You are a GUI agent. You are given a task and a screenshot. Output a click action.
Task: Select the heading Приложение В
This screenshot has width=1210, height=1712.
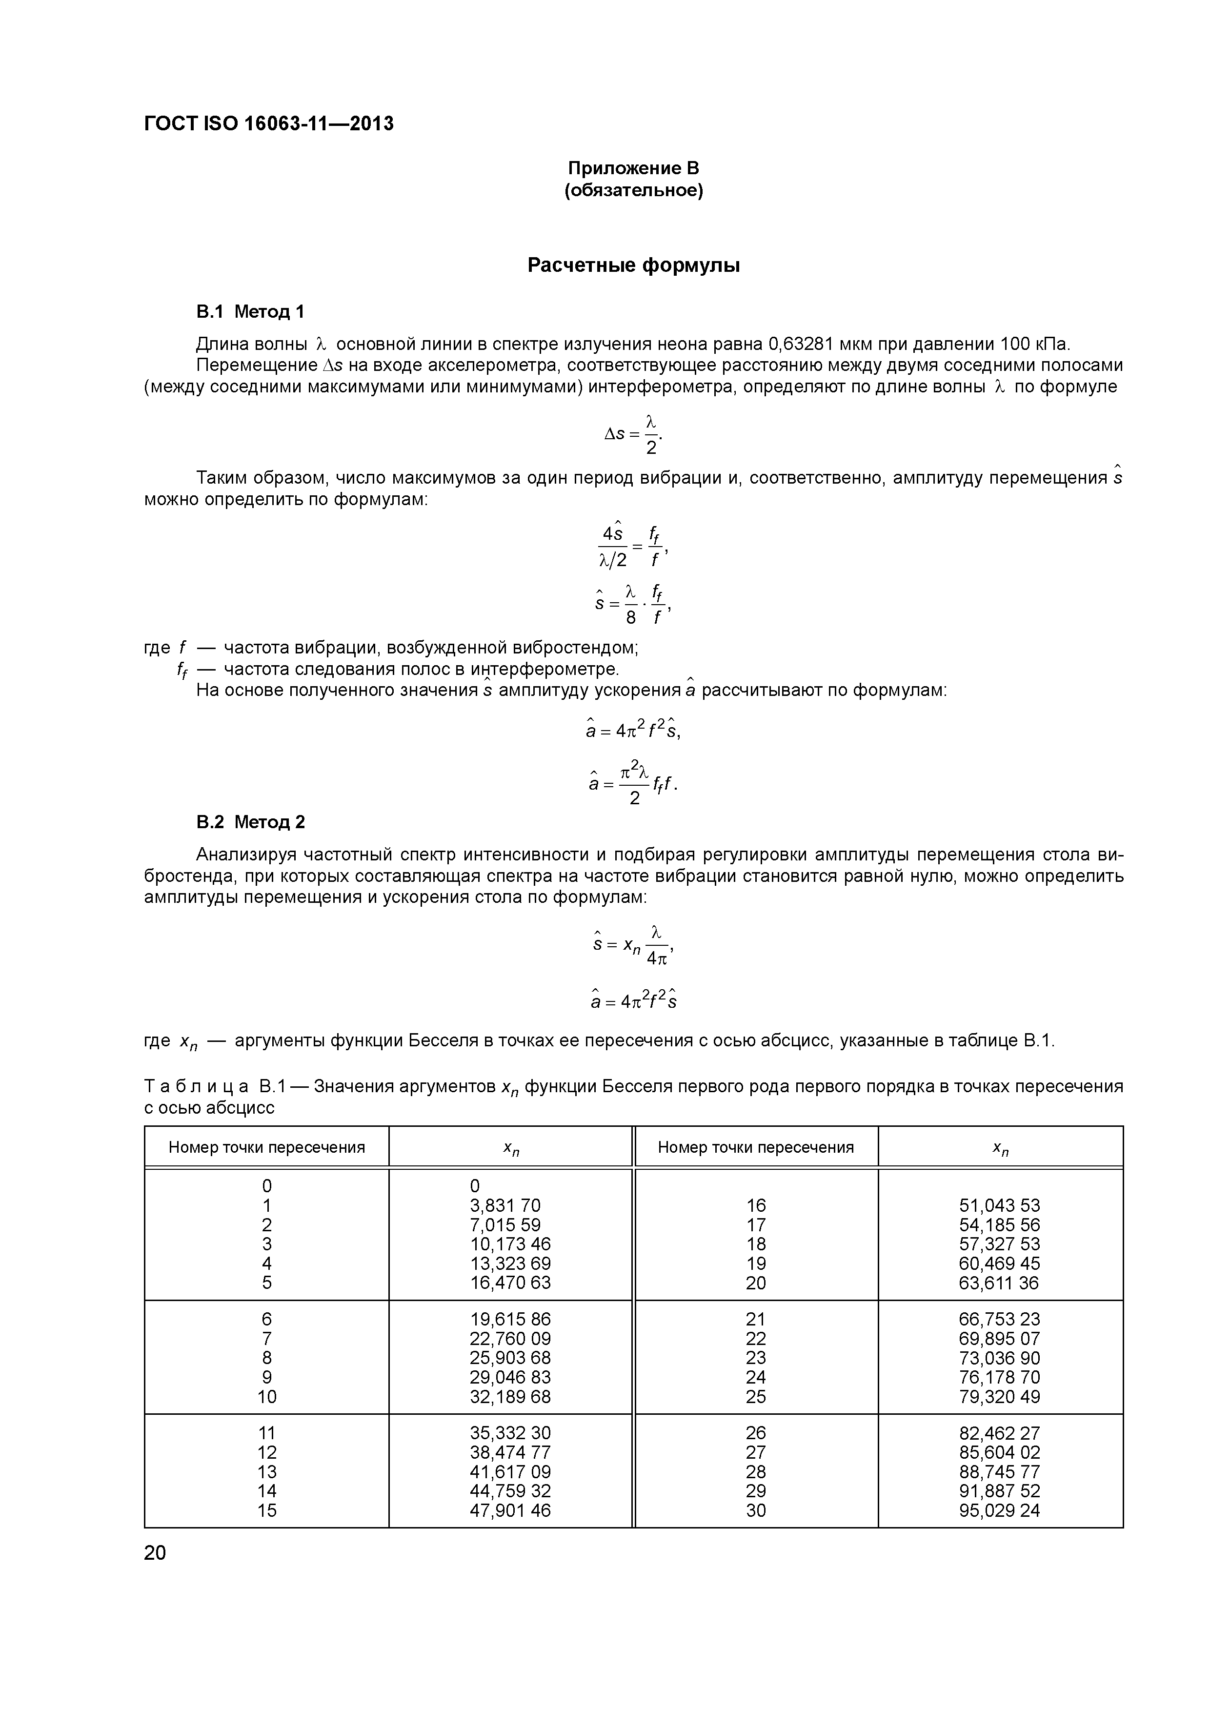pyautogui.click(x=633, y=168)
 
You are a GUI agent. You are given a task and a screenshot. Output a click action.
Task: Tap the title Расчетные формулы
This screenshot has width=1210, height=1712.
pyautogui.click(x=633, y=265)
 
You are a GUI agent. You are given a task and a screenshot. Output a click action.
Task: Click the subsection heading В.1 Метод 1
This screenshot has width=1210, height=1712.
pyautogui.click(x=250, y=312)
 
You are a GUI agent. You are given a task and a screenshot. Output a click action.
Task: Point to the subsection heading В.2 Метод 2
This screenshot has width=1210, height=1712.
pyautogui.click(x=250, y=822)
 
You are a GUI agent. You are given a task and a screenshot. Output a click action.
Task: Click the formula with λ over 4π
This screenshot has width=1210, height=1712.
pyautogui.click(x=633, y=945)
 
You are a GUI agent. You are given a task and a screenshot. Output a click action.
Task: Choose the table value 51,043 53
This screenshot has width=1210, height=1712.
pyautogui.click(x=999, y=1206)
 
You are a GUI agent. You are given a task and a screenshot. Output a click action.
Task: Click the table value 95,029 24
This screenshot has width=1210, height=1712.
pyautogui.click(x=999, y=1510)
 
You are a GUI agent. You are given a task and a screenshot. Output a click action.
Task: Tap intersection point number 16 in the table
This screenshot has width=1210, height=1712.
pyautogui.click(x=755, y=1206)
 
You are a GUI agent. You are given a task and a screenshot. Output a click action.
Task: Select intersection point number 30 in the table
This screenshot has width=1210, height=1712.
pyautogui.click(x=755, y=1510)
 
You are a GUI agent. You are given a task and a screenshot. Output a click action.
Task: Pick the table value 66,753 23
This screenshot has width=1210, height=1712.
pyautogui.click(x=999, y=1319)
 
